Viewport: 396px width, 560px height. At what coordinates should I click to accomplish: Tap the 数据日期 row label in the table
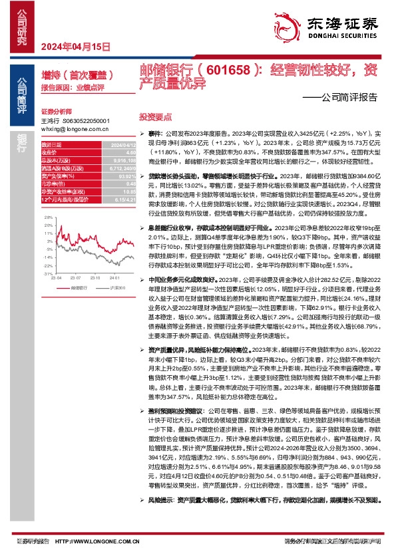(x=51, y=144)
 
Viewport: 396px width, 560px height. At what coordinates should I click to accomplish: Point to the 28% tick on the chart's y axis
(x=47, y=217)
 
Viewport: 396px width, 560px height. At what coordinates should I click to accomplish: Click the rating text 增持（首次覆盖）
(x=73, y=74)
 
